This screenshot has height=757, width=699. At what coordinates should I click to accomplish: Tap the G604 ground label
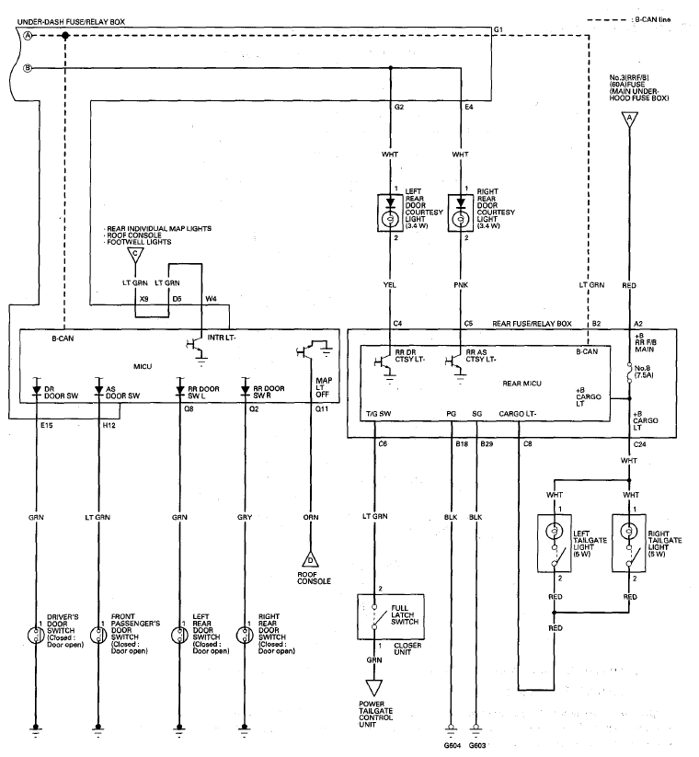click(x=452, y=745)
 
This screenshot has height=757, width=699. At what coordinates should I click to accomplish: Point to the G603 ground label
click(x=477, y=745)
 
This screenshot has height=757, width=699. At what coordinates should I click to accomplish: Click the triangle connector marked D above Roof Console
click(x=310, y=559)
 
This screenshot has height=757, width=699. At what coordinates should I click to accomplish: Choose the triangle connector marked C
click(x=135, y=256)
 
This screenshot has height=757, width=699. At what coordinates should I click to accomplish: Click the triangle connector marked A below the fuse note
click(x=629, y=120)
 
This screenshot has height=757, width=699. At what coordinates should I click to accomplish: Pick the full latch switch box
click(x=391, y=617)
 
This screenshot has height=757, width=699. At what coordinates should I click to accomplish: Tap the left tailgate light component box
click(x=555, y=543)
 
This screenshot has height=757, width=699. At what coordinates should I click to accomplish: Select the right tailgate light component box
click(x=629, y=543)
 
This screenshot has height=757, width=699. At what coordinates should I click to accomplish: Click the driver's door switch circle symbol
click(x=36, y=636)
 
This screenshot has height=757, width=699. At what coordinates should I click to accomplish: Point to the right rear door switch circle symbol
click(x=245, y=636)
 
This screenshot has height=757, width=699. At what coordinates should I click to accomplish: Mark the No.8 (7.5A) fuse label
click(x=644, y=372)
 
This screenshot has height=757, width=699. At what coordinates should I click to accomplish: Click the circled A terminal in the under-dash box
click(x=28, y=36)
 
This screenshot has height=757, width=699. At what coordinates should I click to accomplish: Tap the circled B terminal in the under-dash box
click(x=28, y=69)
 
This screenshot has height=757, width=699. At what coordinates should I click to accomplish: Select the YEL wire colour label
click(x=390, y=285)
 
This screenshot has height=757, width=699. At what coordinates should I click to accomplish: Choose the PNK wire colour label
click(x=461, y=285)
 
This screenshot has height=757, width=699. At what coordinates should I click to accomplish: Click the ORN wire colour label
click(x=311, y=517)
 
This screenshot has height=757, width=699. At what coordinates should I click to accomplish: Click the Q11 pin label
click(x=322, y=409)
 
